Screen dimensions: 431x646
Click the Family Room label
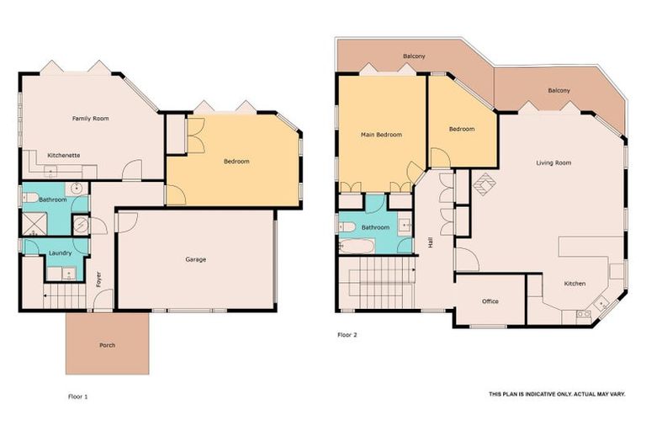tap(90, 119)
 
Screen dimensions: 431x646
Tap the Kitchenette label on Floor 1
tap(64, 156)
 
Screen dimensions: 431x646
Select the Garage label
tap(195, 259)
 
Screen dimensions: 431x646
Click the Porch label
tap(107, 345)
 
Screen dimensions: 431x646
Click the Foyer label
tap(98, 278)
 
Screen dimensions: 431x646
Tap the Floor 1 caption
tap(77, 395)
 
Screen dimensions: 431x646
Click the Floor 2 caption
tap(347, 334)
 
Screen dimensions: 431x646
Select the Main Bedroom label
tap(381, 135)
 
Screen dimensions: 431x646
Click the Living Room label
tap(553, 162)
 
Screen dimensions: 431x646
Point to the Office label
tap(490, 301)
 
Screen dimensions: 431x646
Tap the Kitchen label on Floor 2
tap(575, 284)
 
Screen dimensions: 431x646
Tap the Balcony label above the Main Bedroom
tap(414, 56)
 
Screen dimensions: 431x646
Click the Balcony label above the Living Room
tap(559, 90)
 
